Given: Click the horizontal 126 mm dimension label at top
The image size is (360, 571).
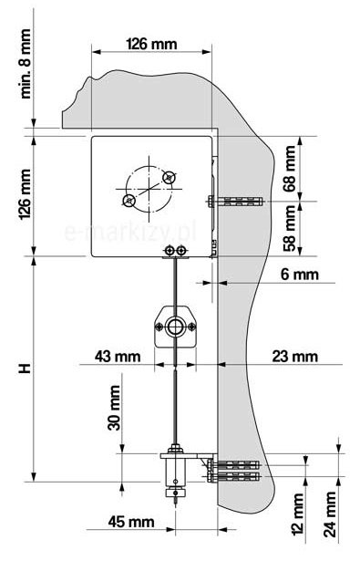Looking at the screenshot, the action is pyautogui.click(x=151, y=44).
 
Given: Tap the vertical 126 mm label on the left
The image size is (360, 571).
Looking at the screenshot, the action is pyautogui.click(x=26, y=194).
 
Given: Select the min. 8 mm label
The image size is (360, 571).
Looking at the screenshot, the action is pyautogui.click(x=26, y=64).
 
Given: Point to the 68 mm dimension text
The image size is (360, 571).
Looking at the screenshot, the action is pyautogui.click(x=290, y=169).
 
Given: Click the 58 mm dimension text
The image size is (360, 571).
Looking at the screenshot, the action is pyautogui.click(x=290, y=228).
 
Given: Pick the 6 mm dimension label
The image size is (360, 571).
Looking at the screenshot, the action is pyautogui.click(x=299, y=275).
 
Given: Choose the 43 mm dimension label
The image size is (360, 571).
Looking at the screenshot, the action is pyautogui.click(x=118, y=356).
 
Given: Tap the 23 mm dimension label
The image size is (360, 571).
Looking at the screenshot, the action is pyautogui.click(x=295, y=356).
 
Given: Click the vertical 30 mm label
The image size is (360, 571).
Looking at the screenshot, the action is pyautogui.click(x=114, y=408).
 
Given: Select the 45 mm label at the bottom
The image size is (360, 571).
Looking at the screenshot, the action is pyautogui.click(x=131, y=522).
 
